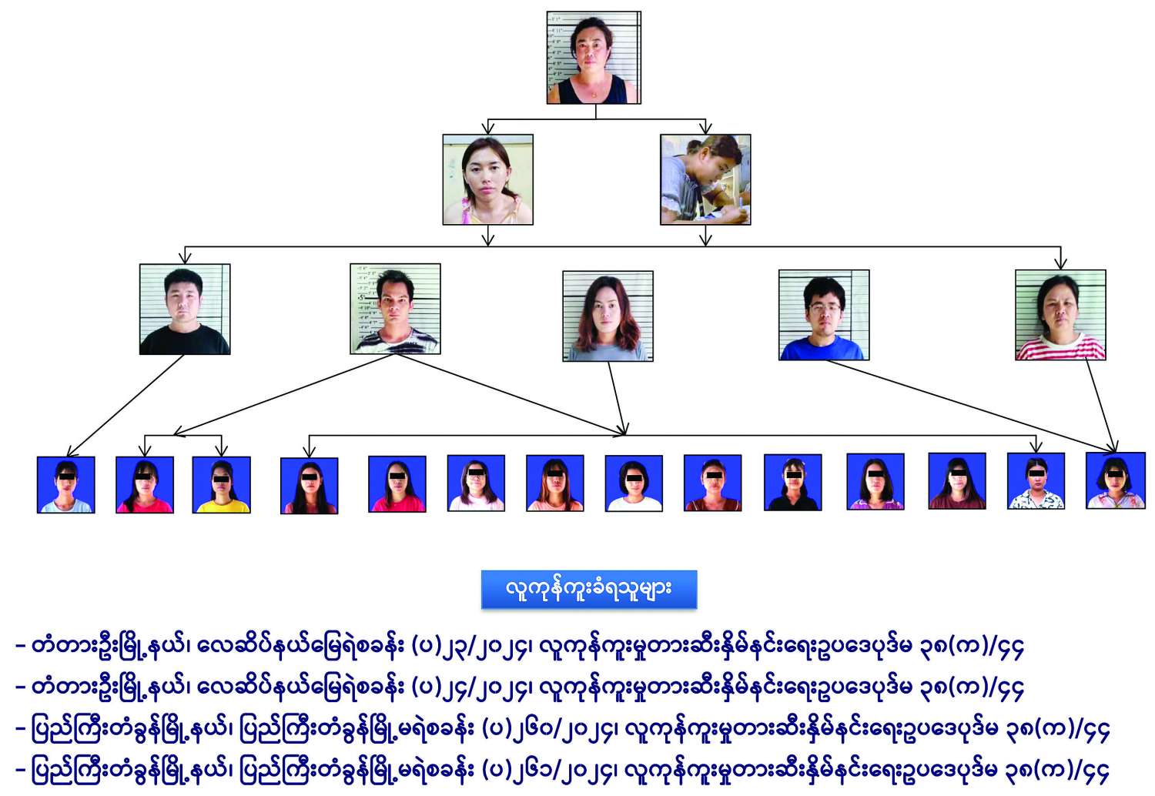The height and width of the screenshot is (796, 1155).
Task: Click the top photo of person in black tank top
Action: tap(594, 58)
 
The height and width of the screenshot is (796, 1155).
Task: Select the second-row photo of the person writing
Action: tap(705, 179)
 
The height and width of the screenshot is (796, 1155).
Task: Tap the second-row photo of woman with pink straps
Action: tap(487, 179)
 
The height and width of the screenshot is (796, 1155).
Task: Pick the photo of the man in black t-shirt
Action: tap(185, 309)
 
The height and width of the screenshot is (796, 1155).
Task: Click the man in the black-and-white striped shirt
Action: tap(395, 309)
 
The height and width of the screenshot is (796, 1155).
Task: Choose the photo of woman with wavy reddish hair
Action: tap(608, 316)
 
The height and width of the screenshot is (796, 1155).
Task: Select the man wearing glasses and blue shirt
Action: tap(824, 315)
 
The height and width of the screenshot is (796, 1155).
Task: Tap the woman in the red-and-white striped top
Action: tap(1060, 315)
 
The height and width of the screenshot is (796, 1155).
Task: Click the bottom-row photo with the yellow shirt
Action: tap(221, 485)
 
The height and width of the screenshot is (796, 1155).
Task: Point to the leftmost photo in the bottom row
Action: tap(66, 485)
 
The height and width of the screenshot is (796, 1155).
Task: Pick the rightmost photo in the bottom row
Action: tap(1116, 481)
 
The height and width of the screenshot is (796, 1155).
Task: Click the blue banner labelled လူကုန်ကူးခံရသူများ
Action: tap(589, 590)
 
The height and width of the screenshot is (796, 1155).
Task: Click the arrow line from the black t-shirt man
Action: tap(127, 405)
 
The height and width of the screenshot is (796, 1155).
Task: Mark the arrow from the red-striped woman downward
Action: tap(1101, 405)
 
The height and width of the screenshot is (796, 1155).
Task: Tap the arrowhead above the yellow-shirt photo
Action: tap(221, 450)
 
